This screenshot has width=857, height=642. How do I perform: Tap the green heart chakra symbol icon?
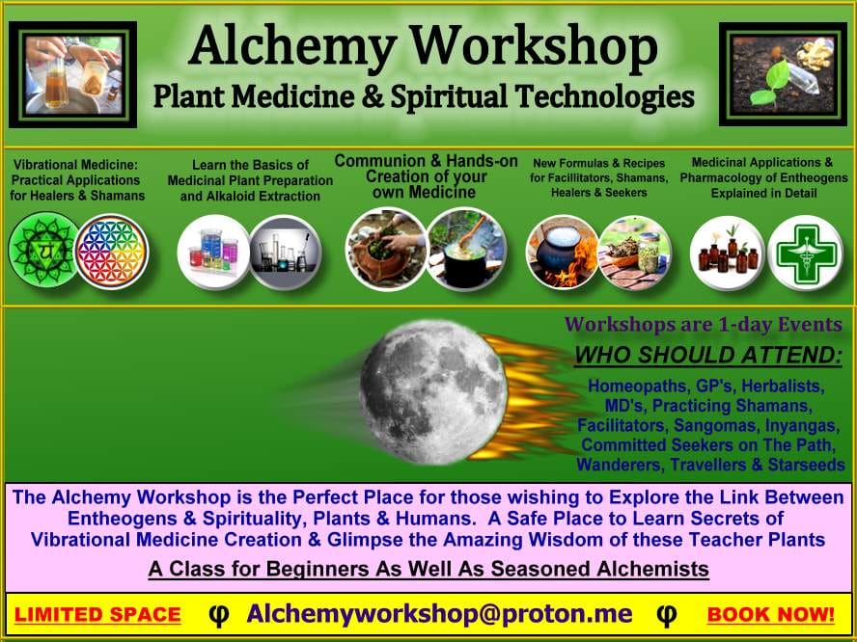point(43,251)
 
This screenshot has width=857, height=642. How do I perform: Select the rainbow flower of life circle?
point(112,251)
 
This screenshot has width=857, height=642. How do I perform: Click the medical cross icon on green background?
point(805,253)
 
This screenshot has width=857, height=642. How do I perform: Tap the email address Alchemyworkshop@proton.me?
point(439,614)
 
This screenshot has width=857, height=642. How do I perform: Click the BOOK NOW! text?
point(770,615)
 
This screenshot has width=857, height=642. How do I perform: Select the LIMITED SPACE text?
point(97,615)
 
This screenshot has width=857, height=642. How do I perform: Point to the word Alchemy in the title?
point(293,45)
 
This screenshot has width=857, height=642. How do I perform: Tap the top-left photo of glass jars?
point(72,75)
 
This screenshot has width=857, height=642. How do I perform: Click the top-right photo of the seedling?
point(783,75)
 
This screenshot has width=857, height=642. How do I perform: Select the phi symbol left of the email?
point(218,614)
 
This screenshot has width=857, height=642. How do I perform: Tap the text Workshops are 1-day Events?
point(704,324)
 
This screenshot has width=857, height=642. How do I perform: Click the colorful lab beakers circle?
point(213,253)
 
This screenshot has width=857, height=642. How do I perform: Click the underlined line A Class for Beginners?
point(428,570)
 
